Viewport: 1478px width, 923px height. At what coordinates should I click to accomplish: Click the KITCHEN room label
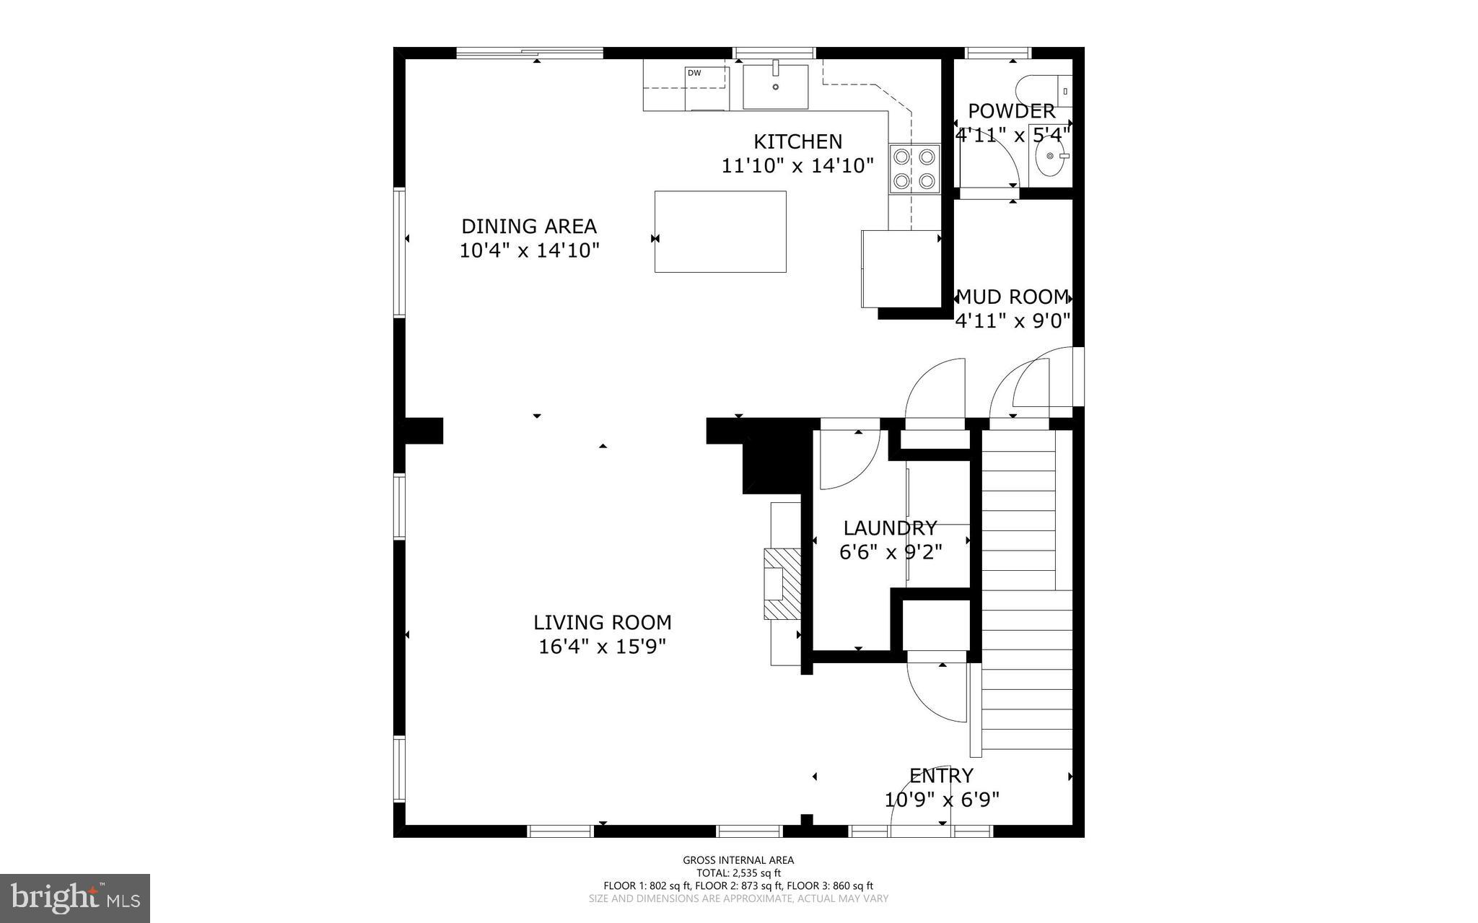coord(797,141)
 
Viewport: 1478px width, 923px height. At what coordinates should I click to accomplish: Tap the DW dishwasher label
coord(694,73)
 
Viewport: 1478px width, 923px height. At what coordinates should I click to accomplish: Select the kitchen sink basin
coord(776,87)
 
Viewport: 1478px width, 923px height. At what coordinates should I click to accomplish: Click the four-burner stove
coord(914,169)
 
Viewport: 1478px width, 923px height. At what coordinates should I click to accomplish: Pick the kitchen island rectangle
coord(720,232)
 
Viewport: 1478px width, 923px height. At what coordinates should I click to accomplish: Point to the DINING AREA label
coord(529,227)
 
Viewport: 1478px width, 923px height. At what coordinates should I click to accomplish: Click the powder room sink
coord(1051,156)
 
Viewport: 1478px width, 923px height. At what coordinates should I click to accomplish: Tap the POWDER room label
coord(1011,111)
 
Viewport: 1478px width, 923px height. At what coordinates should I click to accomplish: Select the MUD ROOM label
coord(1012,297)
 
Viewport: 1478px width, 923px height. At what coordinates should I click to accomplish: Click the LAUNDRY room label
coord(890,528)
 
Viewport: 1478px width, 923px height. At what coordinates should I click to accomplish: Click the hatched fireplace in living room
coord(783,583)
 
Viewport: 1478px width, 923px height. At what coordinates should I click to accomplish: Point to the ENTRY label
coord(941,776)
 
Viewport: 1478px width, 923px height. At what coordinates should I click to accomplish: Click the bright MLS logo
coord(75,898)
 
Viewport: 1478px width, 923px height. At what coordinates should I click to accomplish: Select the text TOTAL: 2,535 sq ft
coord(738,872)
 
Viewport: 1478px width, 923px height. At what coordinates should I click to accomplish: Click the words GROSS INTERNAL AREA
coord(738,859)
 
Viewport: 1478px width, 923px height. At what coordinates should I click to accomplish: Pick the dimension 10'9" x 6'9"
coord(942,800)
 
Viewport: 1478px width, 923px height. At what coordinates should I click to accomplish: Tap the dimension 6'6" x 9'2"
coord(891,553)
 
